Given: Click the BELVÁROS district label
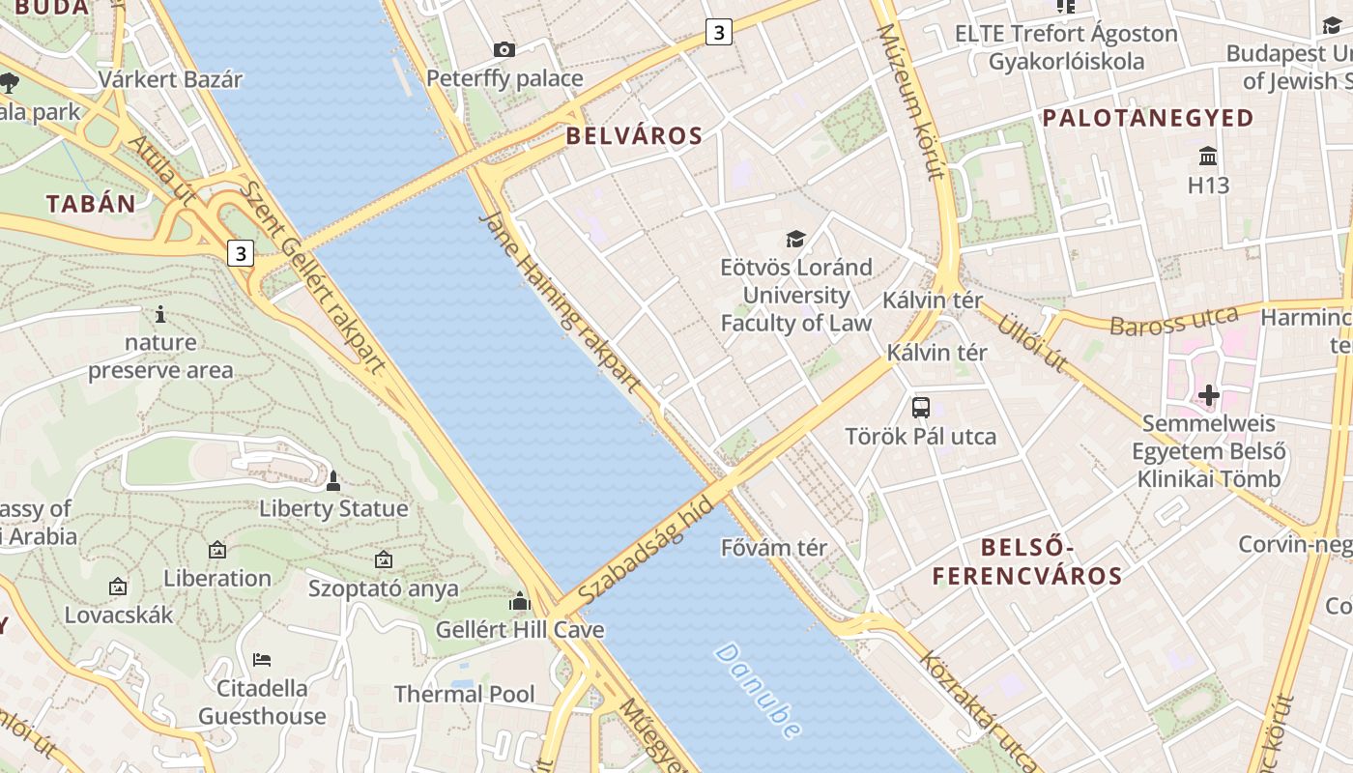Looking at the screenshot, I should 634,136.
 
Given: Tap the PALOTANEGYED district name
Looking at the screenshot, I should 1148,119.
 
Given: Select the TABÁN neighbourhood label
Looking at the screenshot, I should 92,204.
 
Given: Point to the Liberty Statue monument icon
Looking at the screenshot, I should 333,480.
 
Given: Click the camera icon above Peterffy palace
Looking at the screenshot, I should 504,49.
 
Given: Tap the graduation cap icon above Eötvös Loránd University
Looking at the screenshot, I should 795,239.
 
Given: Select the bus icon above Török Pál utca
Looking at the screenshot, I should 920,407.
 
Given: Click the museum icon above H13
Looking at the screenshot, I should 1207,157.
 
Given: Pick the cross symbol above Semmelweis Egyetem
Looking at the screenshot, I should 1208,395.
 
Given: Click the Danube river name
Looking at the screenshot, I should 759,690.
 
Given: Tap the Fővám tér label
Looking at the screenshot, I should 774,548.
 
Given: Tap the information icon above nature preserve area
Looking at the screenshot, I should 160,314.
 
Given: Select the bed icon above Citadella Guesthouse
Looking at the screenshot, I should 262,660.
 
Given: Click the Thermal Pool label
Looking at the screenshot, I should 464,694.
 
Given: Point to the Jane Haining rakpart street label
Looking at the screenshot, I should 560,301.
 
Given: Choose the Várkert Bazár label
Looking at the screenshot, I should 170,79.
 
